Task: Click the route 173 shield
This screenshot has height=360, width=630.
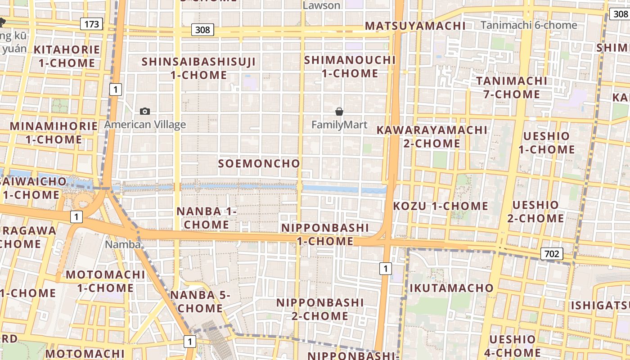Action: (91, 24)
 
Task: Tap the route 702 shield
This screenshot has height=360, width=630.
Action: (551, 254)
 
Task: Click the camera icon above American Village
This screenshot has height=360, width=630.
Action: (145, 111)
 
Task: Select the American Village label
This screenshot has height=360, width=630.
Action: (145, 125)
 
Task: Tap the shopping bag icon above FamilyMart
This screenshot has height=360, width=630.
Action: (339, 111)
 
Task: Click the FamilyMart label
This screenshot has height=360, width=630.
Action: (339, 125)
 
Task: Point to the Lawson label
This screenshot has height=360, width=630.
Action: (321, 5)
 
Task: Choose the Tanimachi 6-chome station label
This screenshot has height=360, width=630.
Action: (529, 25)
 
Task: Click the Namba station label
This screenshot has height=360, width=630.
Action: (123, 244)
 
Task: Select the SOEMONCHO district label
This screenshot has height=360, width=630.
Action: (259, 164)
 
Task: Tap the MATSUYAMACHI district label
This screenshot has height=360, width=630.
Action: (415, 26)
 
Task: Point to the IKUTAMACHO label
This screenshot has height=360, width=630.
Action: (451, 288)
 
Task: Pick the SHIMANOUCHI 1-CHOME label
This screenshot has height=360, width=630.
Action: (350, 67)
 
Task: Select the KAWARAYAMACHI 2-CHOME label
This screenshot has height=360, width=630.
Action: (432, 137)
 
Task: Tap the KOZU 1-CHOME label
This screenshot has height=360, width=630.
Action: (441, 206)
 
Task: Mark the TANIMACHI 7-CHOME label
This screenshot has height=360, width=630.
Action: (512, 88)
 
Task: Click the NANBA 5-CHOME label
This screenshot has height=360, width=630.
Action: (200, 302)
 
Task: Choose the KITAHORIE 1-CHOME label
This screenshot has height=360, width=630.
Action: (67, 56)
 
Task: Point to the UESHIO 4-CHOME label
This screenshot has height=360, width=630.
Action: (513, 346)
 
